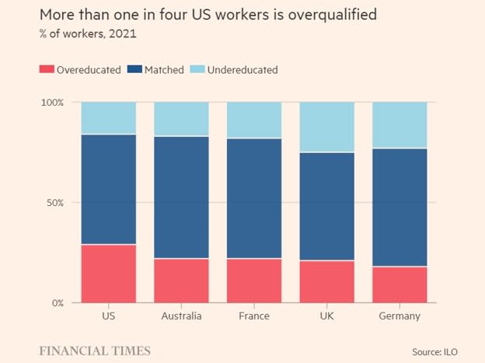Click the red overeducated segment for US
coord(109,274)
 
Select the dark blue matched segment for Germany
coord(400,208)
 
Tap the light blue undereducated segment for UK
coord(327,127)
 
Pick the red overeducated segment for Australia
coord(181,281)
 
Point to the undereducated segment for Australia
coord(181,119)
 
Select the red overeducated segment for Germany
coord(400,284)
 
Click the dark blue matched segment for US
coord(109,190)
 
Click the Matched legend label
coord(164,70)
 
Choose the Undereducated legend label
coord(242,70)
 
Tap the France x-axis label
coord(254,316)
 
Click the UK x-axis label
coord(327,316)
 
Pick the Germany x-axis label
coord(400,316)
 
